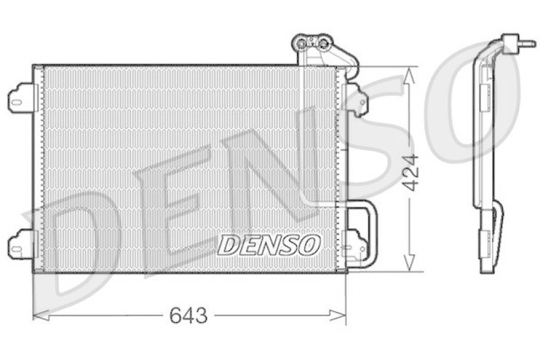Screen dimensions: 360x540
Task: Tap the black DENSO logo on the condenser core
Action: pyautogui.click(x=269, y=245)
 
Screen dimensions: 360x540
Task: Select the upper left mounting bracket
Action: pyautogui.click(x=21, y=100)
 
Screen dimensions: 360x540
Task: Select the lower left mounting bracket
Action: pyautogui.click(x=21, y=245)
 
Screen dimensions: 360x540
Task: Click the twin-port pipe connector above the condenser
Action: pyautogui.click(x=313, y=44)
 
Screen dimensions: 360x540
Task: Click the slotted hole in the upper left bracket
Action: pyautogui.click(x=17, y=103)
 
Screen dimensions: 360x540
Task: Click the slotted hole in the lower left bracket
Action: pyautogui.click(x=17, y=247)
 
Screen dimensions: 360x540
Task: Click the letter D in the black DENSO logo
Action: pyautogui.click(x=227, y=245)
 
